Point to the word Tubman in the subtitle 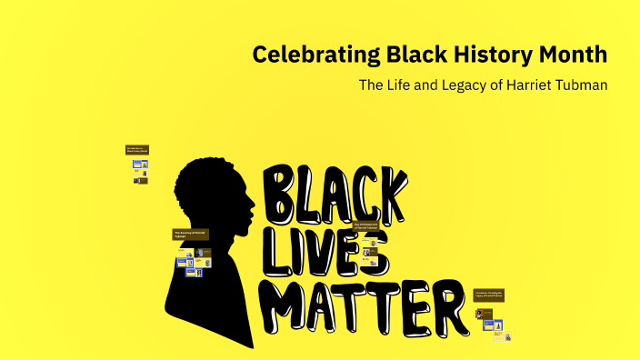coord(582,85)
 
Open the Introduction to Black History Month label coord(136,149)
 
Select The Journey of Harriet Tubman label coord(191,235)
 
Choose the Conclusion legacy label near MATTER coord(488,295)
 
